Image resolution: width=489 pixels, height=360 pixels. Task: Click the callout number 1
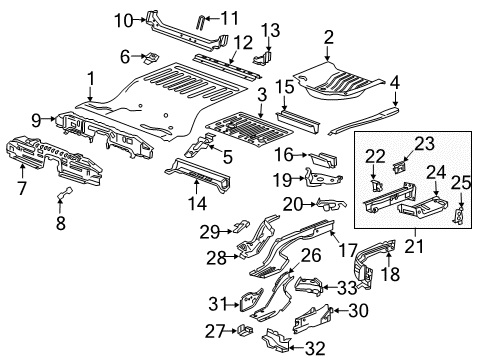[90, 77]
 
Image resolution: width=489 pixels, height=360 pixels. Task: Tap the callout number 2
[328, 37]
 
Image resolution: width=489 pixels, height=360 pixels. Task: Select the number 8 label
[59, 224]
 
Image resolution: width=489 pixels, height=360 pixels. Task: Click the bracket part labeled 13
[265, 59]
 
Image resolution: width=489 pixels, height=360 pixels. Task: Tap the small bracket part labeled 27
[245, 329]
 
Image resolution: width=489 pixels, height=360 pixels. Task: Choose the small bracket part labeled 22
[377, 186]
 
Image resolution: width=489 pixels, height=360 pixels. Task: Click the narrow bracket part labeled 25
[460, 214]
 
